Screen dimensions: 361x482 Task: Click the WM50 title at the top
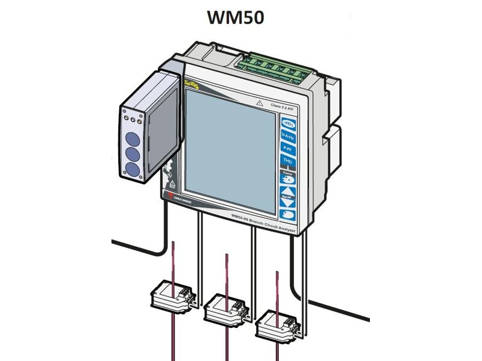(x=236, y=17)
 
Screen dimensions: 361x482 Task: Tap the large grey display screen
(x=228, y=144)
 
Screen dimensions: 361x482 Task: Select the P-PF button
(x=289, y=149)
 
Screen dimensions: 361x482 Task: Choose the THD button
(x=289, y=161)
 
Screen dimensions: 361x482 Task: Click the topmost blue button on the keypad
(x=289, y=124)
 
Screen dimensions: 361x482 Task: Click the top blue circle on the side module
(x=132, y=136)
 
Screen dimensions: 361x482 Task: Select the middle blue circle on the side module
(x=132, y=152)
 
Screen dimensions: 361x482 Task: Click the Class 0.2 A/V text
(x=283, y=106)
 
